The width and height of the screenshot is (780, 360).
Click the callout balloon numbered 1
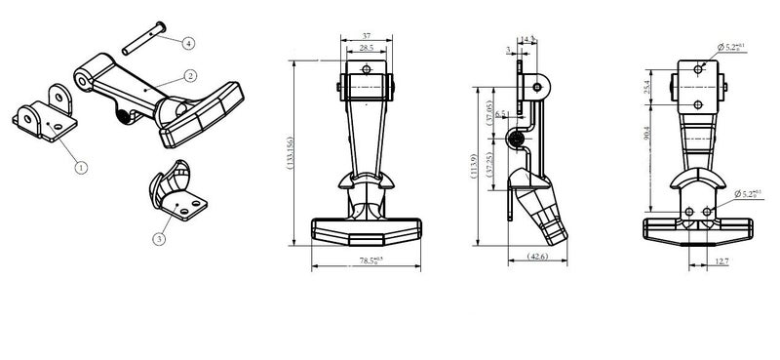(x=80, y=167)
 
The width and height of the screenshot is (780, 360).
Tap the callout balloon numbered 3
(x=159, y=237)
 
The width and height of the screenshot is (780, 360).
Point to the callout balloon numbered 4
(x=188, y=42)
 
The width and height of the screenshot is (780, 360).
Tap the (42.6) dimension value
(x=537, y=257)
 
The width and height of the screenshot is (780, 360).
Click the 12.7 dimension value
(x=721, y=260)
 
